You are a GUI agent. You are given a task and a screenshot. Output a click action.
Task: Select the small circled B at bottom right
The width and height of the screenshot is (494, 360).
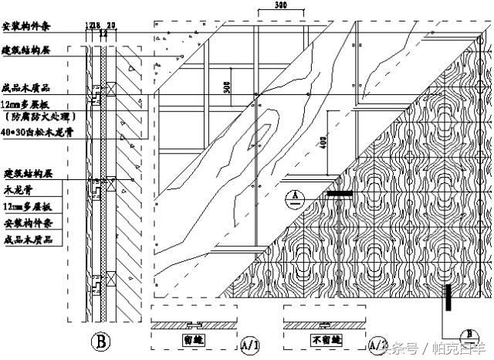pos(465,334)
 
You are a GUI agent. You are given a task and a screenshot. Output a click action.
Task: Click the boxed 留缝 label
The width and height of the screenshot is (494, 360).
pos(193,338)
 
